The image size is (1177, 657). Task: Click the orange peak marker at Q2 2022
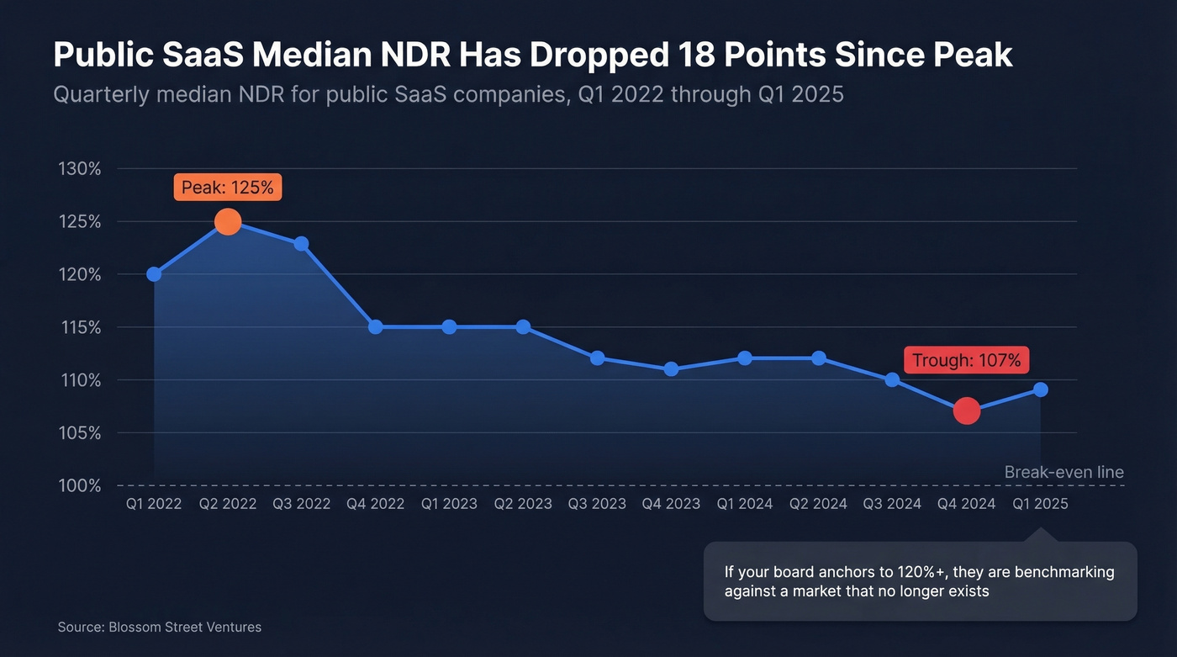tap(228, 222)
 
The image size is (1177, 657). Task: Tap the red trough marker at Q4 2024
tap(967, 411)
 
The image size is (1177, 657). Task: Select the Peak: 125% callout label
tap(228, 188)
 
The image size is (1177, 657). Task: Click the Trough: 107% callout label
tap(967, 361)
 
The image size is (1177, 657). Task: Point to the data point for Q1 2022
tap(154, 274)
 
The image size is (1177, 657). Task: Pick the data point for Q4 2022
tap(376, 327)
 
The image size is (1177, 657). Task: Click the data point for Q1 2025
tap(1040, 389)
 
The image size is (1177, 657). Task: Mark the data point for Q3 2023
tap(597, 358)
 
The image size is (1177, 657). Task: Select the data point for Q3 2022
tap(301, 244)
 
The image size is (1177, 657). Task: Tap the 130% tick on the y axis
tap(80, 169)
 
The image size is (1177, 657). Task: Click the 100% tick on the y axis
tap(80, 486)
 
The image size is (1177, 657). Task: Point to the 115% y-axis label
tap(80, 327)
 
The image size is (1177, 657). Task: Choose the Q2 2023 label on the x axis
tap(523, 504)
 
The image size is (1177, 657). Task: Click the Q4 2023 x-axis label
tap(671, 504)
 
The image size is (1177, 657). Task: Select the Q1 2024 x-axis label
tap(745, 504)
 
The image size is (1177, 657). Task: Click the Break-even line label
tap(1064, 472)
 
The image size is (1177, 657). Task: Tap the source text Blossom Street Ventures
tap(185, 627)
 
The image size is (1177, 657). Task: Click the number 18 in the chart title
tap(699, 56)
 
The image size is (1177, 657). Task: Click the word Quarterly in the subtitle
tap(100, 94)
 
